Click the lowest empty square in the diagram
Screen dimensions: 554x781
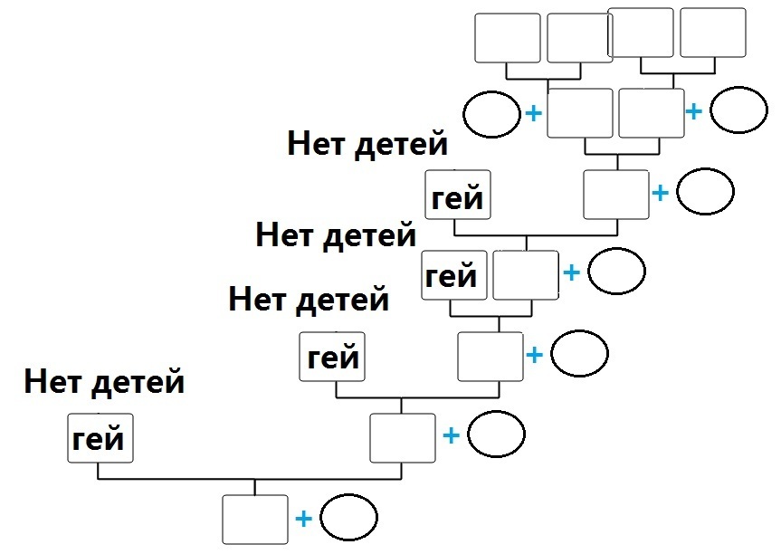click(x=255, y=520)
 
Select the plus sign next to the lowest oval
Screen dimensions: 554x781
click(x=304, y=519)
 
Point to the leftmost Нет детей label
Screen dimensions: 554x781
click(x=104, y=382)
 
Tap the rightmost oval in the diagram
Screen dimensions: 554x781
click(x=738, y=111)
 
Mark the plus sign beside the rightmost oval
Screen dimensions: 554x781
click(x=694, y=111)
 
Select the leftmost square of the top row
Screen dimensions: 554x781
click(x=508, y=37)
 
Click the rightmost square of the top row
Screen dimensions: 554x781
click(x=712, y=33)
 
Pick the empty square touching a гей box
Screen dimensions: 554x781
click(x=525, y=275)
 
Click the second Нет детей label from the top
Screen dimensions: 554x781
click(x=336, y=236)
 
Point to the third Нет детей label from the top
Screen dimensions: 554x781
click(x=309, y=298)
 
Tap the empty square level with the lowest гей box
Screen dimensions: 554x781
click(x=403, y=437)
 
